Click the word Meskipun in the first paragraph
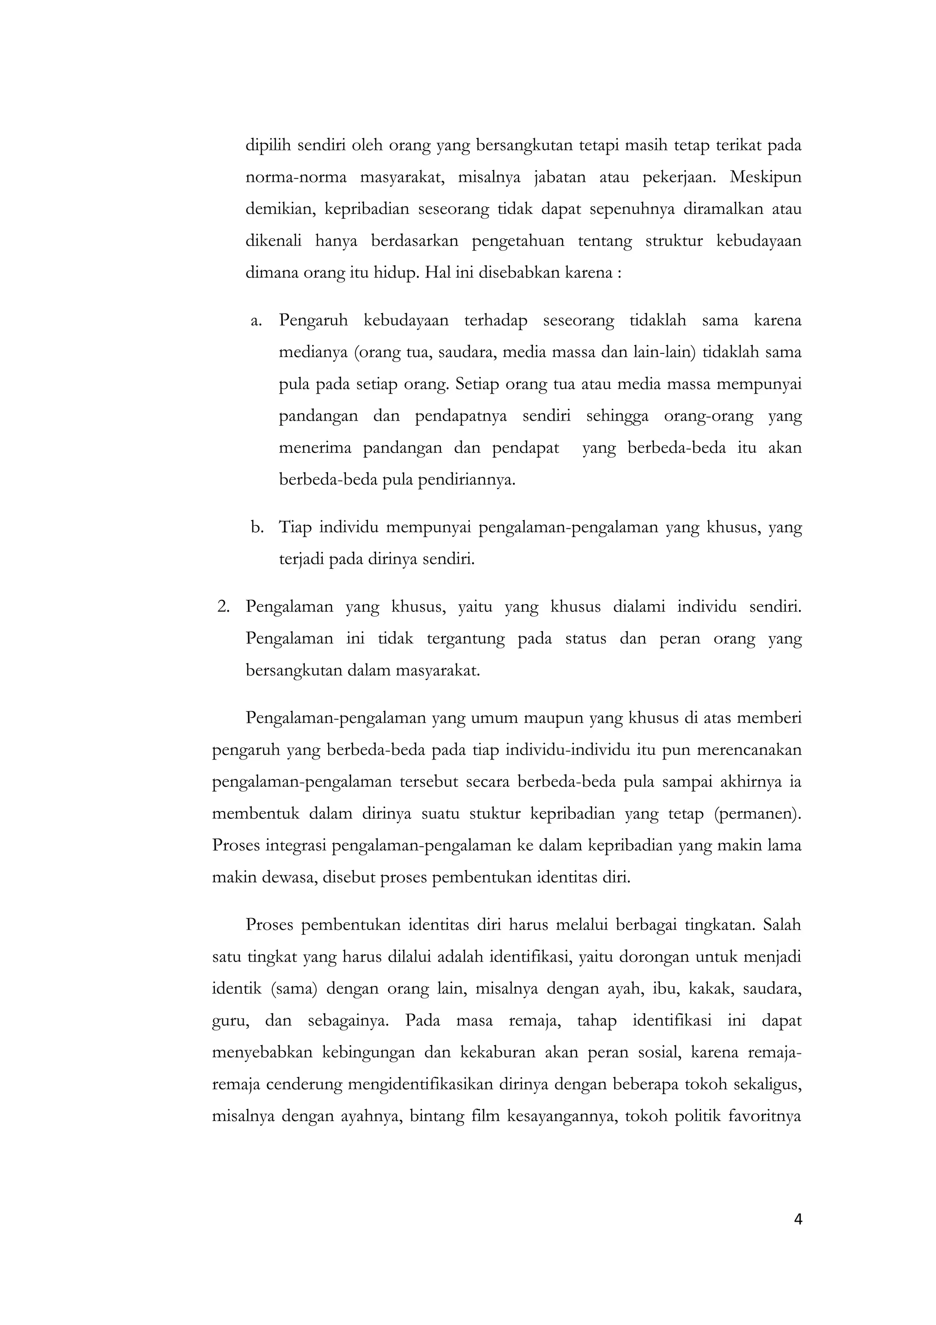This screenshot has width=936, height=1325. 765,176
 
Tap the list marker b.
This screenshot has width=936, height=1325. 257,528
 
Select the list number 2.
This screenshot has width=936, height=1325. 224,607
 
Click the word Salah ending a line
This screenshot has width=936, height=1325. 782,925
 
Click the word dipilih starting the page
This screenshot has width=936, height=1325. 266,145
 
